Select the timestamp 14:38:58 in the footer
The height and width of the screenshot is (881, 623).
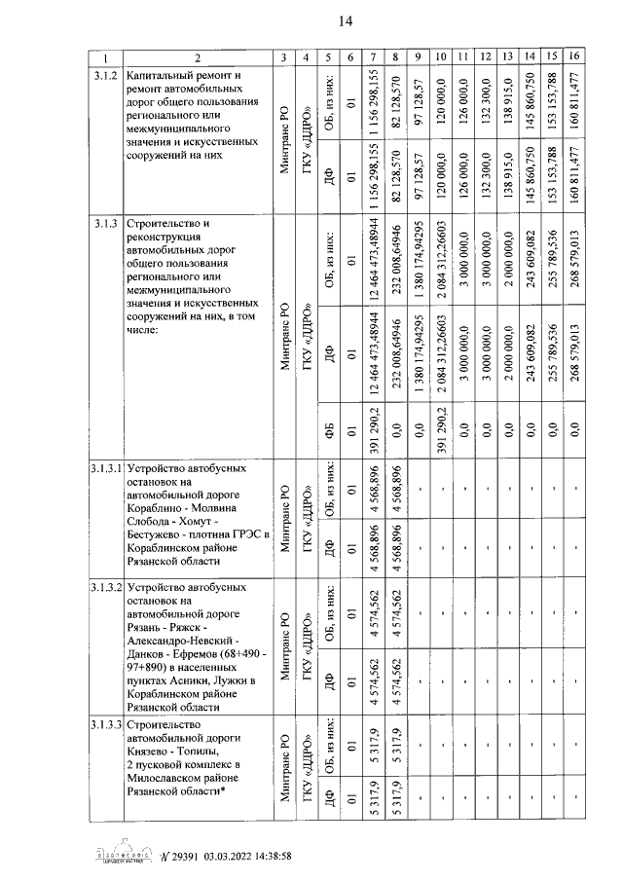pos(265,856)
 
